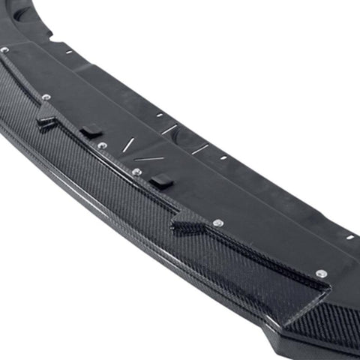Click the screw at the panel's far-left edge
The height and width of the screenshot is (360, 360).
click(5, 49)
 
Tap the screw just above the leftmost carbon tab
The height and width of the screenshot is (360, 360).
click(46, 97)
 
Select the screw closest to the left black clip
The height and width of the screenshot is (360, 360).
click(102, 145)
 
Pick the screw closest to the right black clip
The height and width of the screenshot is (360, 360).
click(136, 172)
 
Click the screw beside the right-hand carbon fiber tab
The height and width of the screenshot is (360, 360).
click(217, 223)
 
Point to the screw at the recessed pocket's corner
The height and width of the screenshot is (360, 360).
click(321, 273)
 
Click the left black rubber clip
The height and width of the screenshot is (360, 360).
click(91, 131)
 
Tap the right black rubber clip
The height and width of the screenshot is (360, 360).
click(160, 181)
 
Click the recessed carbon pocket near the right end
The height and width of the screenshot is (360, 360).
click(300, 296)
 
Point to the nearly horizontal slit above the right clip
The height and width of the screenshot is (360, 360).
click(149, 158)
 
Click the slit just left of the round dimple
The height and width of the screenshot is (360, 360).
click(170, 130)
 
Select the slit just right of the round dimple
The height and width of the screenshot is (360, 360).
click(199, 148)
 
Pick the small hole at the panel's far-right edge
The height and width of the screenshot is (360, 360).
click(349, 237)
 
